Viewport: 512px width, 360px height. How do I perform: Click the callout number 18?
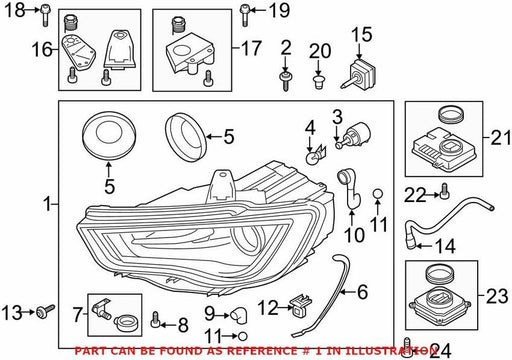click(x=15, y=10)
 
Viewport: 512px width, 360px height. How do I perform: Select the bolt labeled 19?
click(x=245, y=15)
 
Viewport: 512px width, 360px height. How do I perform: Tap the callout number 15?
click(x=362, y=35)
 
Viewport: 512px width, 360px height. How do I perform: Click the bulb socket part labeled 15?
click(x=359, y=74)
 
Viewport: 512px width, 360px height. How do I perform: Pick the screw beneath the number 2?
click(x=285, y=80)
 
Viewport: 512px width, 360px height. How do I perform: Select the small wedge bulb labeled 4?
click(x=315, y=155)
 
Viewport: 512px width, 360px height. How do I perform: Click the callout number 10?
click(x=354, y=235)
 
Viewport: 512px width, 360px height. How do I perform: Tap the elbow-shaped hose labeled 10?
click(x=350, y=190)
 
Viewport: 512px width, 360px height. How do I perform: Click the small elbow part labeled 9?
click(x=239, y=315)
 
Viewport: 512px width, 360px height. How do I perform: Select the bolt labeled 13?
click(x=46, y=312)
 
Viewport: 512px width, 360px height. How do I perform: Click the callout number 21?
click(x=500, y=137)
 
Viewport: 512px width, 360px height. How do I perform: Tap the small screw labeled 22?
click(x=444, y=191)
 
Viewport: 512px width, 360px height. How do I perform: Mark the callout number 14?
click(x=446, y=246)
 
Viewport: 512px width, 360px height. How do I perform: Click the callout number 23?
click(x=497, y=296)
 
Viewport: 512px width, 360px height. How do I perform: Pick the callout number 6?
click(x=362, y=292)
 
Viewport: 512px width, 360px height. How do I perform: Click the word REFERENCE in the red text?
click(x=262, y=351)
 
